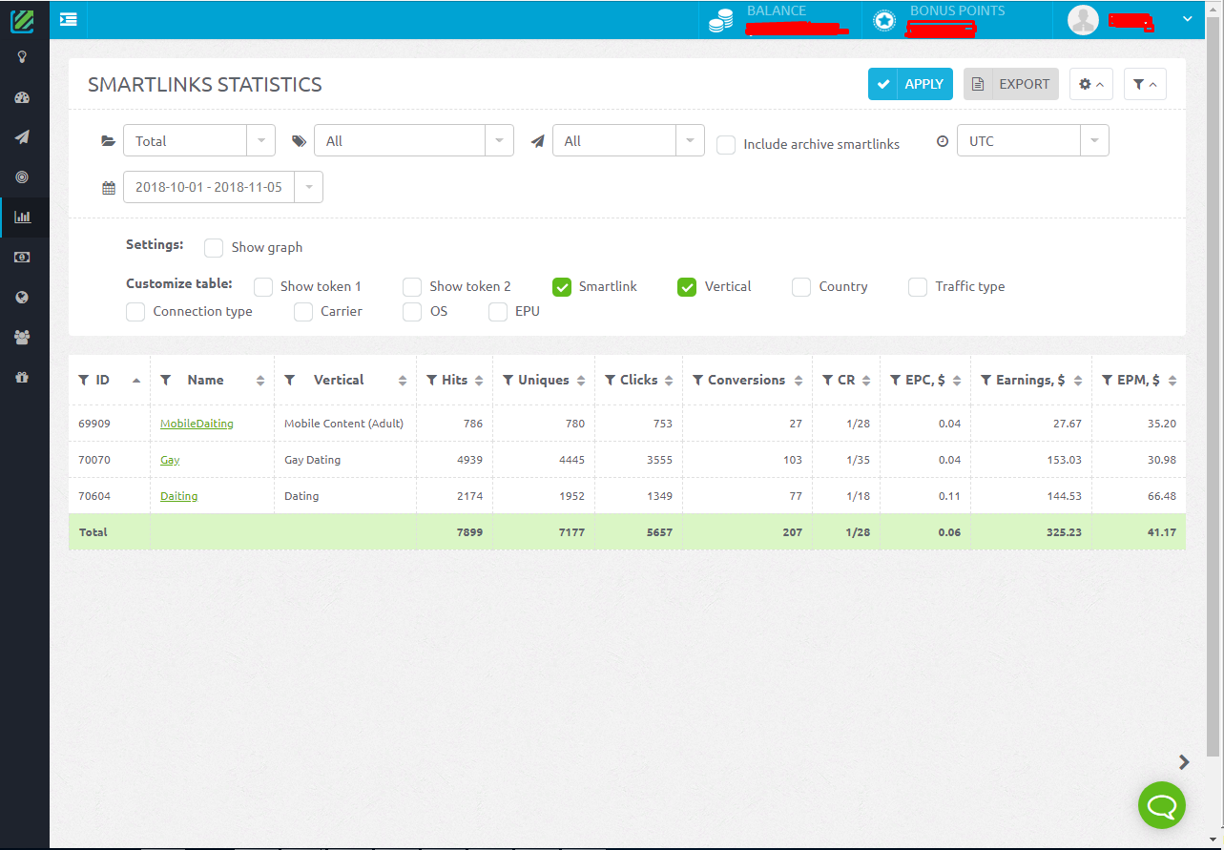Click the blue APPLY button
tap(910, 84)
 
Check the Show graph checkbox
tap(215, 248)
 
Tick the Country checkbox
tap(802, 287)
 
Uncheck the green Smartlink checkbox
tap(562, 287)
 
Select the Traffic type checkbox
tap(918, 287)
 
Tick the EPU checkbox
tap(498, 312)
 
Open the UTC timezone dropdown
tap(1032, 141)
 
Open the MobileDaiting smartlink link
tap(197, 424)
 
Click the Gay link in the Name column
tap(170, 460)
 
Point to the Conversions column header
tap(746, 380)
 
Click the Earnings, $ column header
tap(1030, 380)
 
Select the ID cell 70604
tap(94, 496)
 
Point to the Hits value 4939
tap(469, 460)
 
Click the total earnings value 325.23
tap(1063, 532)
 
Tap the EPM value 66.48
tap(1160, 496)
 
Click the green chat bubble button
tap(1162, 806)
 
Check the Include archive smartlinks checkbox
tap(726, 145)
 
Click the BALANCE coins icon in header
tap(721, 19)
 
